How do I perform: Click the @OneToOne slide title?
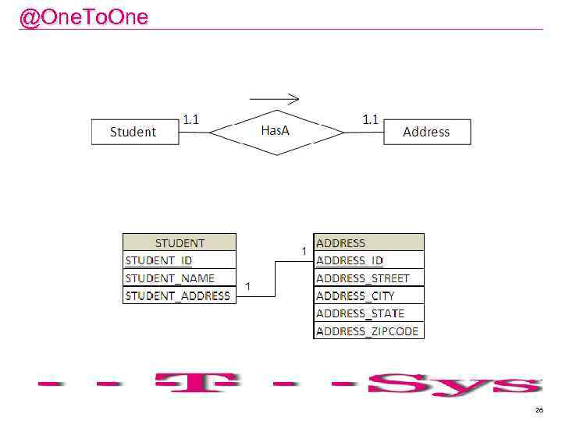point(84,17)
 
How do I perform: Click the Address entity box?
point(427,132)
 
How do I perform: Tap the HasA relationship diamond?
point(276,131)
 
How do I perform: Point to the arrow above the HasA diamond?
point(274,99)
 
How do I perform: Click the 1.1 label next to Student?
point(190,119)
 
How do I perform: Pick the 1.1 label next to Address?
point(370,119)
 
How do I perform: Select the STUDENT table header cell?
point(180,242)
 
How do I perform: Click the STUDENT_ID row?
point(180,260)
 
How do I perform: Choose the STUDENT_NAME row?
point(180,278)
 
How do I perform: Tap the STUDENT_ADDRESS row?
point(180,295)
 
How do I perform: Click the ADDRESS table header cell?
point(368,242)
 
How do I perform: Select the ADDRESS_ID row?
point(368,260)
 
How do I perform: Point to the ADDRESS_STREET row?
point(368,278)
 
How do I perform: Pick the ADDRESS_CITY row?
point(368,295)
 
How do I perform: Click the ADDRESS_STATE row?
point(368,313)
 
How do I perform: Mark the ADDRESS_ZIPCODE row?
point(368,331)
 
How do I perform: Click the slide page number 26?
point(539,409)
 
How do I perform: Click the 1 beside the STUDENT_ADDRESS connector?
point(247,287)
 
